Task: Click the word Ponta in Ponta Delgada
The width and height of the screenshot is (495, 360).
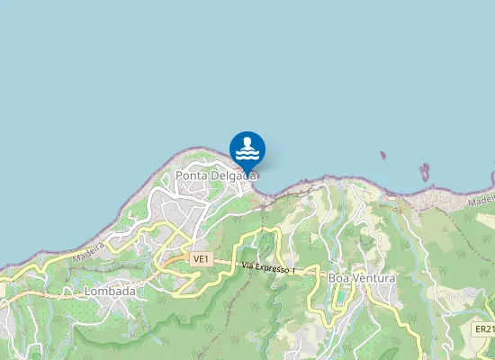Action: tap(191, 175)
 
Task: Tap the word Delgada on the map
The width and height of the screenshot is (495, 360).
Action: tap(232, 175)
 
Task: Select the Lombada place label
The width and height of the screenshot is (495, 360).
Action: tap(109, 292)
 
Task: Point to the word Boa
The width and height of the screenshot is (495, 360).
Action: tap(339, 279)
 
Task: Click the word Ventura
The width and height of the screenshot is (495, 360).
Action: tap(373, 279)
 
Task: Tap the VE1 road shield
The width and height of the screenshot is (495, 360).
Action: tap(201, 259)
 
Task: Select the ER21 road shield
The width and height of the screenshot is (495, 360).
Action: tap(484, 330)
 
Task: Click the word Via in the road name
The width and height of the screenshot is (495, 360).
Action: tap(249, 265)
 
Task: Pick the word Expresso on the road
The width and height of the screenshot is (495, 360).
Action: tap(274, 268)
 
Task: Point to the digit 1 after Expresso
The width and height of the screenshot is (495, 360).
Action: tap(293, 271)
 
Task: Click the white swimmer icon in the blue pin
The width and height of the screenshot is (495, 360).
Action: tap(247, 147)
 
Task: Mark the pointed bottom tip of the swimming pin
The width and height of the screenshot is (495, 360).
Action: tap(247, 172)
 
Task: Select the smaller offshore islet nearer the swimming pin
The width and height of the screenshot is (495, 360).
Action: tap(382, 156)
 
